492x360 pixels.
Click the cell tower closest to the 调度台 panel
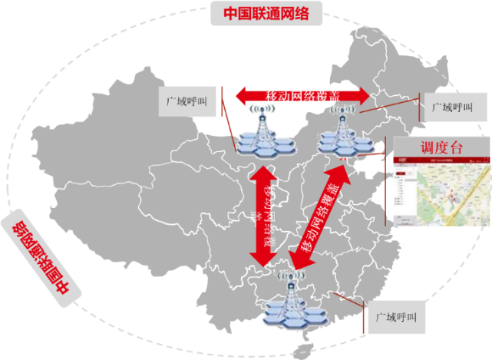point(340,127)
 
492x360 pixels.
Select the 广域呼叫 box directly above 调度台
point(454,107)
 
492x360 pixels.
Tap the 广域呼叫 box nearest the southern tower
point(395,316)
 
